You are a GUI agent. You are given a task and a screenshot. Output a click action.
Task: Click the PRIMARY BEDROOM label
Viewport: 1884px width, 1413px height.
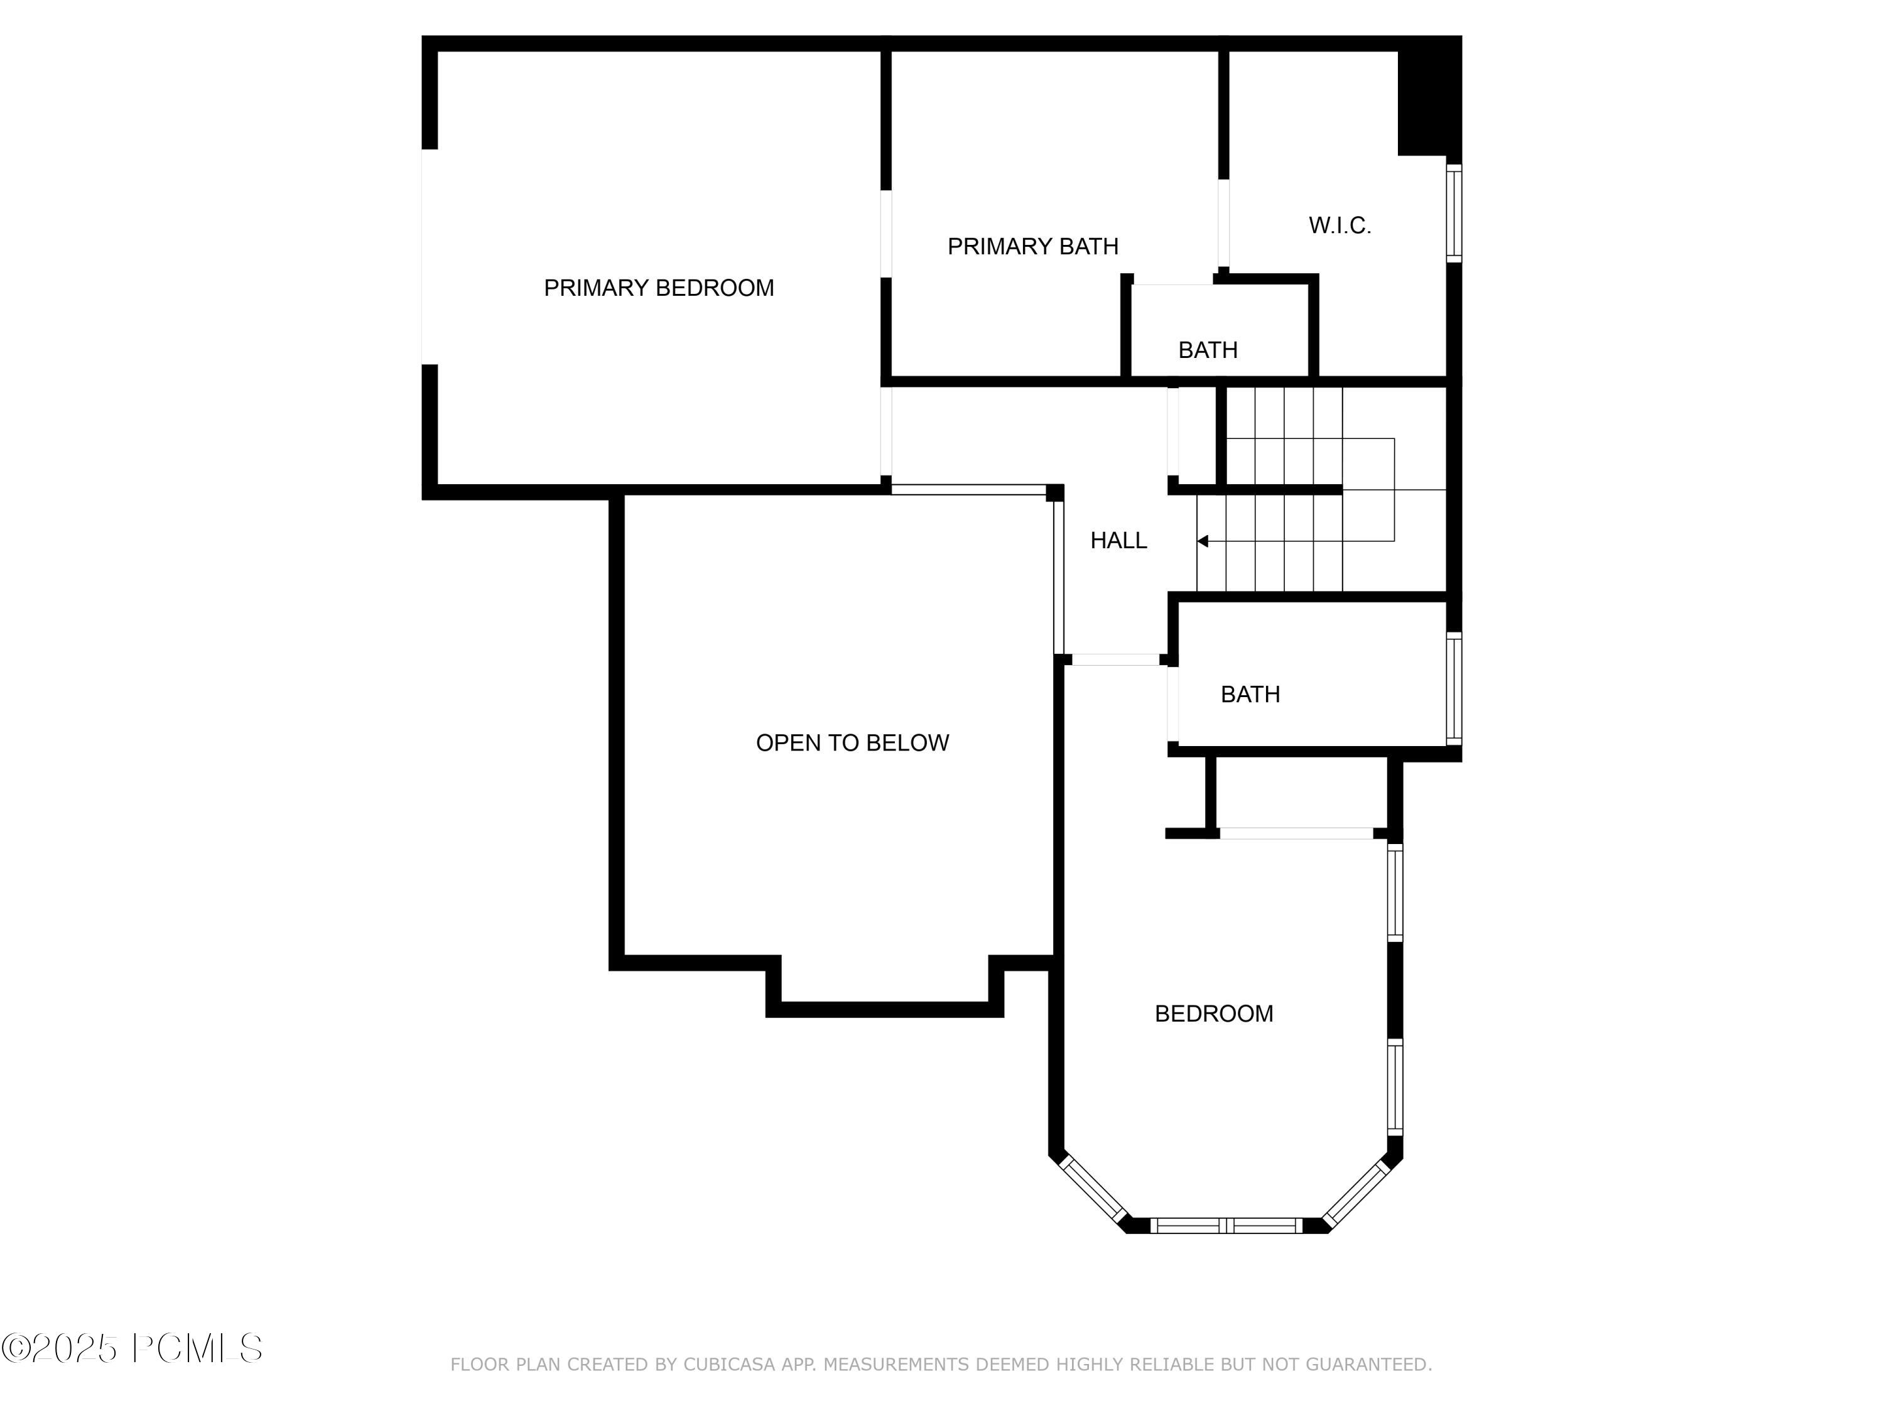pyautogui.click(x=658, y=288)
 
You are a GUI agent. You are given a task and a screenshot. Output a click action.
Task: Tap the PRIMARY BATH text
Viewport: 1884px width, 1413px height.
pyautogui.click(x=1032, y=246)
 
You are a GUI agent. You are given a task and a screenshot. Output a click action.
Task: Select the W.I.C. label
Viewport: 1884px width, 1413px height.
pyautogui.click(x=1339, y=225)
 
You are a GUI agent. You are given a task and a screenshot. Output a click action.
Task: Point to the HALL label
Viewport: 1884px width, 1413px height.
pyautogui.click(x=1118, y=540)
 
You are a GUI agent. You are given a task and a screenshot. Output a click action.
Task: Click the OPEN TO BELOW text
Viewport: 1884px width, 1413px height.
pyautogui.click(x=852, y=743)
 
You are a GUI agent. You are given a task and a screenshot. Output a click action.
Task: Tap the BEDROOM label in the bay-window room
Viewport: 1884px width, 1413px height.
pyautogui.click(x=1214, y=1014)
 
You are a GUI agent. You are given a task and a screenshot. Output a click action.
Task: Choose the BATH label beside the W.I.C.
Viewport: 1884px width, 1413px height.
pyautogui.click(x=1208, y=350)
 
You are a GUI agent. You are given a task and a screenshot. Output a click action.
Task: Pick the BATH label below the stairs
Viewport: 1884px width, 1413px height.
pyautogui.click(x=1250, y=694)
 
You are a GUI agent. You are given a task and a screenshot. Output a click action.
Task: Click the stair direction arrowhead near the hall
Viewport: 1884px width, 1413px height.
pyautogui.click(x=1203, y=541)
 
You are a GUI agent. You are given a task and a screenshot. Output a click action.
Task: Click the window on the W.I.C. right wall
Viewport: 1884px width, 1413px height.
pyautogui.click(x=1454, y=213)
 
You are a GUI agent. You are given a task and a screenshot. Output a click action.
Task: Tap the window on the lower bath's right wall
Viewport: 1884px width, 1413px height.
pyautogui.click(x=1454, y=688)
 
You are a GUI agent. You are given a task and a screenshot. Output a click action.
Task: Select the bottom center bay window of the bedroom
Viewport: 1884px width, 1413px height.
pyautogui.click(x=1226, y=1226)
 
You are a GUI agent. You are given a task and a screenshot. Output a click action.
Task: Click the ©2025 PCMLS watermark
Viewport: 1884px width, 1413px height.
pyautogui.click(x=132, y=1348)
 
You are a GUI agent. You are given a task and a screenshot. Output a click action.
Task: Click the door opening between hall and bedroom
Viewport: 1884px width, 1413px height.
pyautogui.click(x=1115, y=659)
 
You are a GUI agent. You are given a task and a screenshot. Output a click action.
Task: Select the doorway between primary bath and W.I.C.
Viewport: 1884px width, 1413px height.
pyautogui.click(x=1223, y=224)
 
